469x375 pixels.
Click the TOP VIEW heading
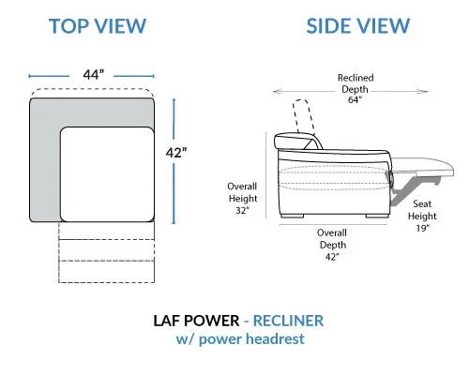click(98, 26)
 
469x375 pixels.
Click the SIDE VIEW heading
click(358, 26)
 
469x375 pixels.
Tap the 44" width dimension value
click(93, 75)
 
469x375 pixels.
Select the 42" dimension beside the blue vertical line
click(176, 153)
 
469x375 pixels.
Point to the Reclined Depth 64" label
click(356, 89)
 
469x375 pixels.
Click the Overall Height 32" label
click(242, 199)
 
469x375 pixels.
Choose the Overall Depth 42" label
click(332, 245)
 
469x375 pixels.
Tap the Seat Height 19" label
click(422, 216)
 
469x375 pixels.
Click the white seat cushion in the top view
click(107, 174)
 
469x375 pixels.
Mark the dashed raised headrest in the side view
click(303, 116)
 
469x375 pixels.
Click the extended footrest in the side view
click(422, 165)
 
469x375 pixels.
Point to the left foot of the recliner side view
click(292, 216)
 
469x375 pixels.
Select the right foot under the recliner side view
click(377, 216)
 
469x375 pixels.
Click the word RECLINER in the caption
click(288, 321)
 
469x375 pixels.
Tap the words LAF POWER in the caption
click(196, 321)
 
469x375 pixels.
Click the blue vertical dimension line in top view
click(174, 161)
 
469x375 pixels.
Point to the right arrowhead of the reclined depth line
click(425, 92)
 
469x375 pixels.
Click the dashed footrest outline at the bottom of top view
click(107, 252)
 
